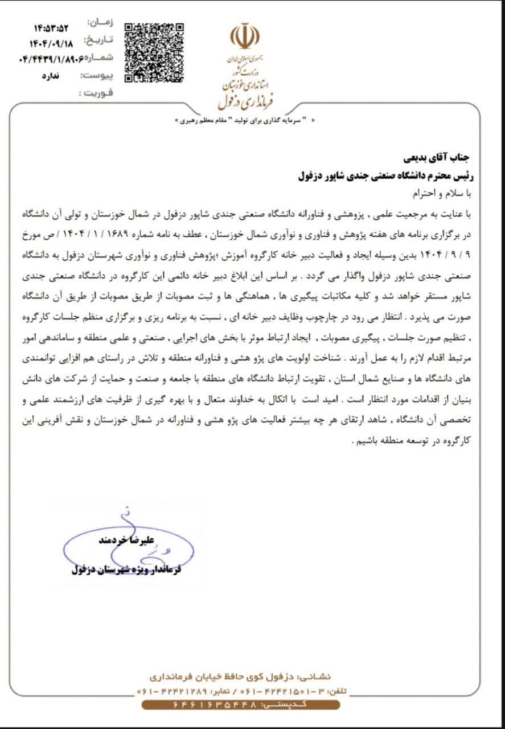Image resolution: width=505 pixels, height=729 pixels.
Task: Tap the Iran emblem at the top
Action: pyautogui.click(x=245, y=36)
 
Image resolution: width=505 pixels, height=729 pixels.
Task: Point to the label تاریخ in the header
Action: pyautogui.click(x=99, y=39)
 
